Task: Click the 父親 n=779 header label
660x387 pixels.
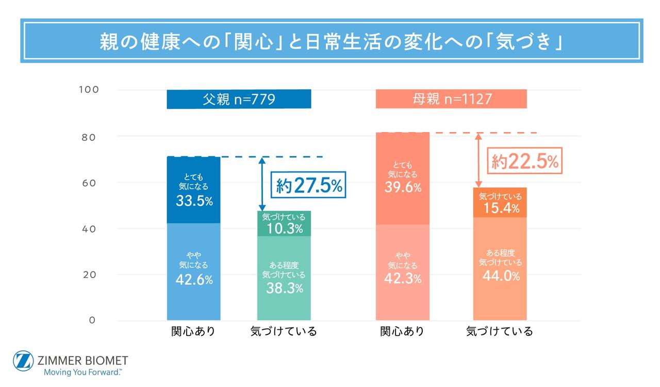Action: click(239, 99)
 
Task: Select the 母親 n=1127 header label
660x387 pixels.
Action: click(451, 99)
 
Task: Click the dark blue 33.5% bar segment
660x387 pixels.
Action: click(194, 190)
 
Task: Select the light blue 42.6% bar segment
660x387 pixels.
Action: click(194, 272)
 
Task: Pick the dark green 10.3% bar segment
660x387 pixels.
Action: click(284, 223)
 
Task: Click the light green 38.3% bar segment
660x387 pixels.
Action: click(284, 278)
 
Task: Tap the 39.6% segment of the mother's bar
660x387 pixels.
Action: click(402, 178)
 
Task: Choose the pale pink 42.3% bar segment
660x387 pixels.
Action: click(402, 272)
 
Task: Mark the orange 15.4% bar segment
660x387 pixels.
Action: click(500, 203)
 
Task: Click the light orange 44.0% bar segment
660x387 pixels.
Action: click(500, 269)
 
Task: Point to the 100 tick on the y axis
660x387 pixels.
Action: click(89, 90)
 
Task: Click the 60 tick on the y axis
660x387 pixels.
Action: click(89, 183)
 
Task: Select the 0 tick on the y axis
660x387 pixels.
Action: click(92, 320)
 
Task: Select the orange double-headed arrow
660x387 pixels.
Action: click(478, 160)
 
